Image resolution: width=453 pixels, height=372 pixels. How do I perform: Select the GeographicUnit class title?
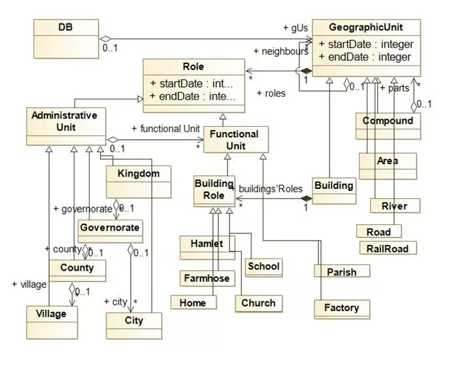365,27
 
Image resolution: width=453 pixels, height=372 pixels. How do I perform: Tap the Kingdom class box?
139,175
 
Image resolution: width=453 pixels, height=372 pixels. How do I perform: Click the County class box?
76,268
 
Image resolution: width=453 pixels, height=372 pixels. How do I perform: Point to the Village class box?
51,314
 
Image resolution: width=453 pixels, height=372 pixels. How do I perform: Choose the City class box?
134,321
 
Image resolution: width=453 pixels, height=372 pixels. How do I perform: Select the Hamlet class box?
206,244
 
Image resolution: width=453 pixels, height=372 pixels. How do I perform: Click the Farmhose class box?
206,278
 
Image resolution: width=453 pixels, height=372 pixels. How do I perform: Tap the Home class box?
192,302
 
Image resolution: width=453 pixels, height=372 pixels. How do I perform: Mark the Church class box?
258,303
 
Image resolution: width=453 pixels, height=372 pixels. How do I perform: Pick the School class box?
263,266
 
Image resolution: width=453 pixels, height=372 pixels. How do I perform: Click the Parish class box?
341,271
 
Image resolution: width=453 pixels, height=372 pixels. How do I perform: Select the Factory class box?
341,307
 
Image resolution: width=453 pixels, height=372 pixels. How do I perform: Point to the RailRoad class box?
388,248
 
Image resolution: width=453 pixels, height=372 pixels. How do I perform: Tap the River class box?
394,206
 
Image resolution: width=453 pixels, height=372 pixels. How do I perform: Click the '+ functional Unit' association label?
165,129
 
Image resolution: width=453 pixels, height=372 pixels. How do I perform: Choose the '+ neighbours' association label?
280,50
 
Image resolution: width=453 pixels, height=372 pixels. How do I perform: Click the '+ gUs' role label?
295,27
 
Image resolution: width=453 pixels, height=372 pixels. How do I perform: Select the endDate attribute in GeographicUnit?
365,57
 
